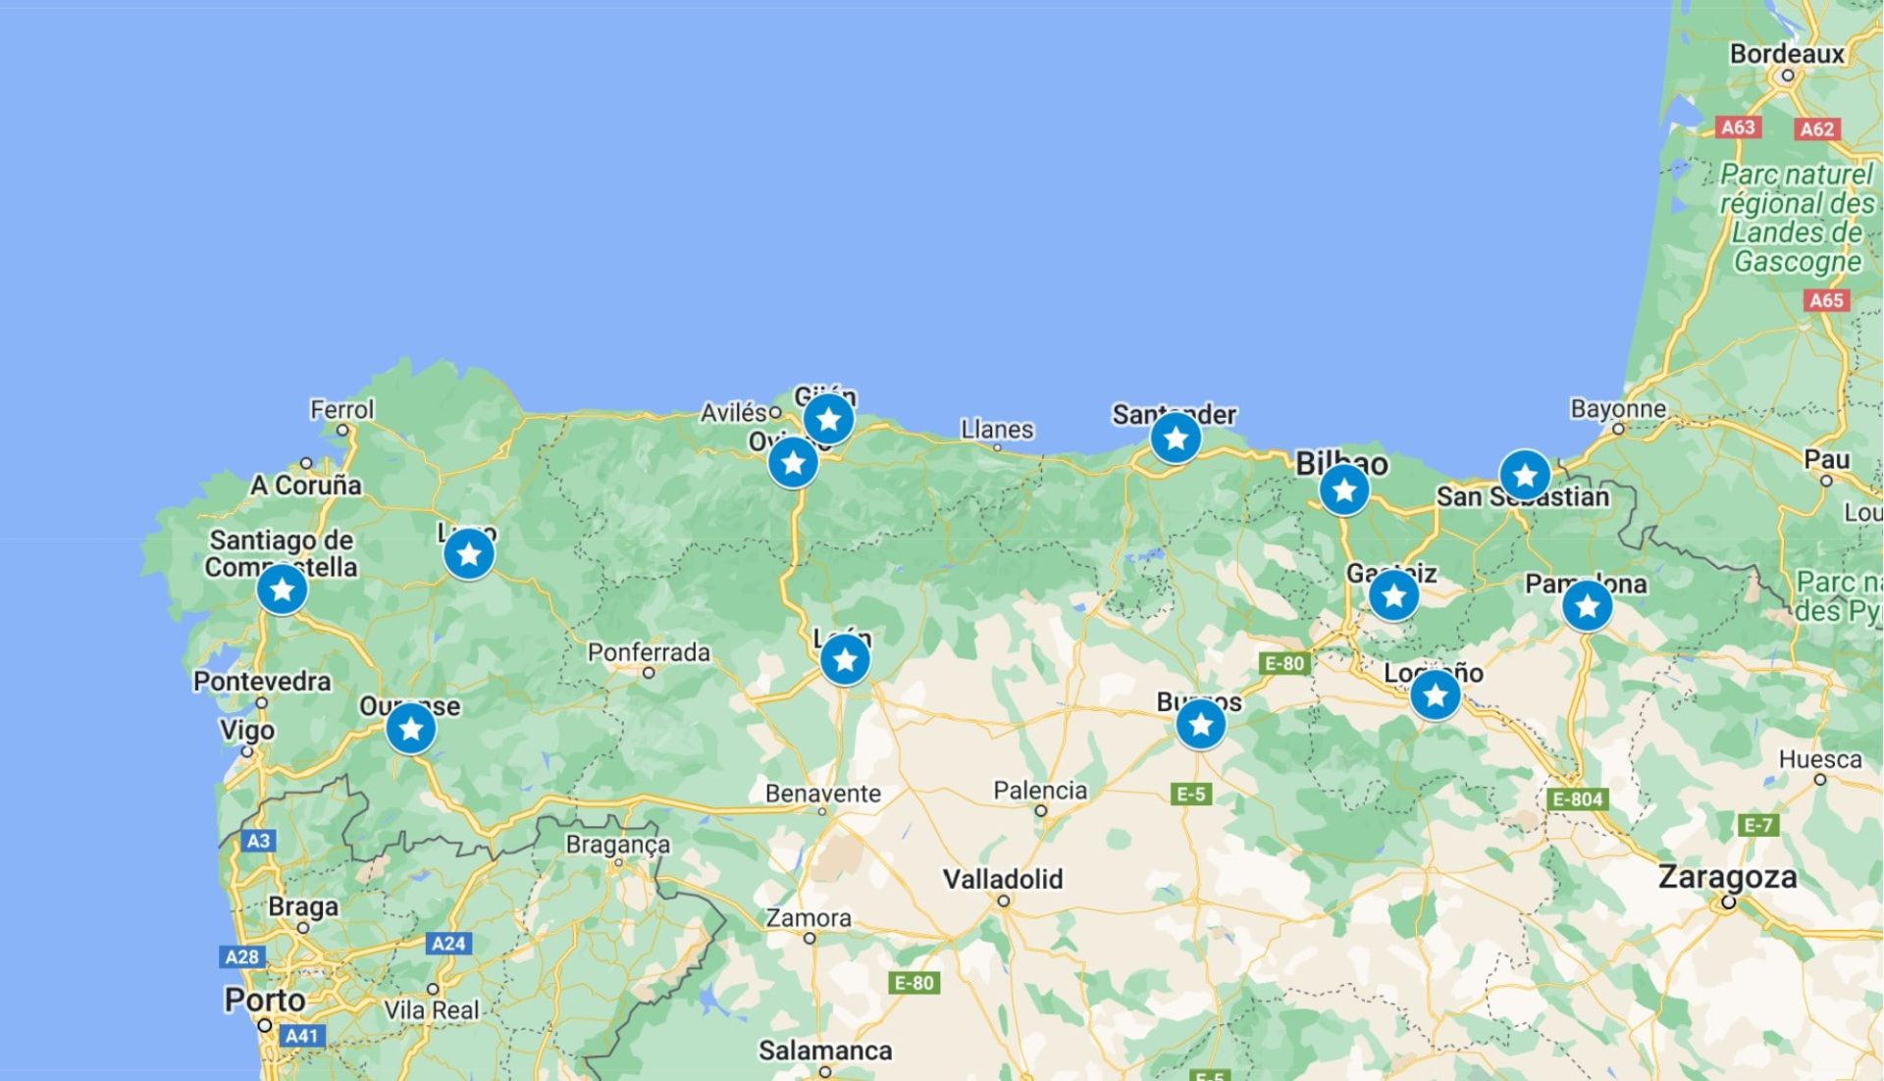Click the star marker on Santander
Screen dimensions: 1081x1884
[1176, 438]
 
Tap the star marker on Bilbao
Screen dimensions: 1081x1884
[1344, 489]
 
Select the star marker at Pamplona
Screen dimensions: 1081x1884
[1587, 605]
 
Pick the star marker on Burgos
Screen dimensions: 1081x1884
[1200, 725]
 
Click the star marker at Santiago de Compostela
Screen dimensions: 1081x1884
[283, 590]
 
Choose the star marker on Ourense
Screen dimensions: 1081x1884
[411, 728]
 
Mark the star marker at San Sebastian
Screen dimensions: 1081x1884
[1525, 476]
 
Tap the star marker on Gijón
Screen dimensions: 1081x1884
[829, 419]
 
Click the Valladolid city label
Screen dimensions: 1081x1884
[1003, 878]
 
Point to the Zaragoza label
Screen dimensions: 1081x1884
[1727, 876]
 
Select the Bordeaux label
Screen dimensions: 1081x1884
[1787, 54]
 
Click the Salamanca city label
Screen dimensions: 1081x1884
[825, 1051]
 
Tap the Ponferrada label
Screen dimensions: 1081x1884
[649, 652]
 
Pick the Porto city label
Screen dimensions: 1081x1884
[265, 1000]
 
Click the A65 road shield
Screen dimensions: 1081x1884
[1826, 300]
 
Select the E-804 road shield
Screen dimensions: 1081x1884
[1577, 799]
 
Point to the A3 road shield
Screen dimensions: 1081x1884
[258, 841]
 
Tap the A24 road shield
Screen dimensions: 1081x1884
[448, 944]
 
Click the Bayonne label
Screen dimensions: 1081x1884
[1618, 409]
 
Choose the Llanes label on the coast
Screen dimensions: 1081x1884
[997, 430]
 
